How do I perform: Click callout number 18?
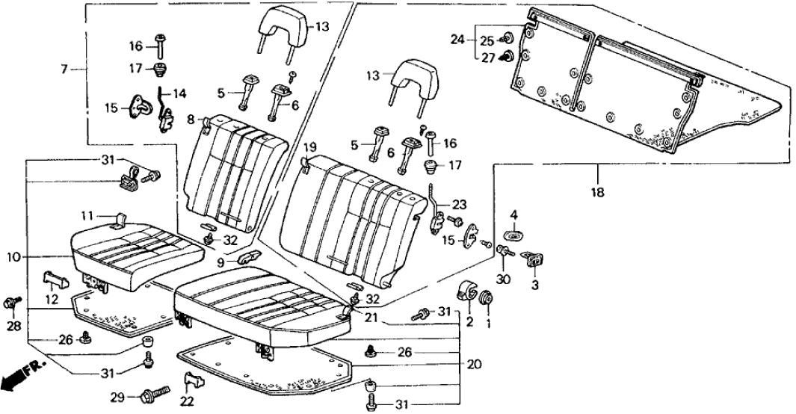(597, 192)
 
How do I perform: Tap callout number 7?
(64, 69)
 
